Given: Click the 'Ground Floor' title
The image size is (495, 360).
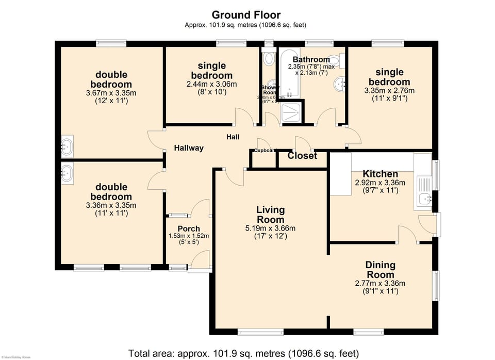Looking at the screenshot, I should [x=246, y=14].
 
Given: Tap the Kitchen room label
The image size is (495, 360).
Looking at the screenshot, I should [x=380, y=174].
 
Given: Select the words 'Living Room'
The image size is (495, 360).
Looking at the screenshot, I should [x=271, y=215].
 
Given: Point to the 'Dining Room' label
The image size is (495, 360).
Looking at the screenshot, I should [x=381, y=270].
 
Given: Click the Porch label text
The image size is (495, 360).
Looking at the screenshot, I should [x=189, y=228].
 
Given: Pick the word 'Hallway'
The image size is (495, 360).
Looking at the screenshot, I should [x=188, y=148].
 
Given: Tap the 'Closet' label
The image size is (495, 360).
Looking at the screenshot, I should [x=302, y=156].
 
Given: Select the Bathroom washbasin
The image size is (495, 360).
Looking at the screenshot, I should [x=340, y=83].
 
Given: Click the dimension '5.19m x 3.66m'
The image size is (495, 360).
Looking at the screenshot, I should [x=271, y=228].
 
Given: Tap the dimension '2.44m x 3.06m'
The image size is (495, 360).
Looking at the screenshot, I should [x=211, y=84].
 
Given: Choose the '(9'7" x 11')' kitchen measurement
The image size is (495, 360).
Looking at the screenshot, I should [x=380, y=190].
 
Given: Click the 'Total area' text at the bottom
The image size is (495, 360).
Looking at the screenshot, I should [x=243, y=353].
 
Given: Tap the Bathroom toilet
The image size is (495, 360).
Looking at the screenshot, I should [x=335, y=59].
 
